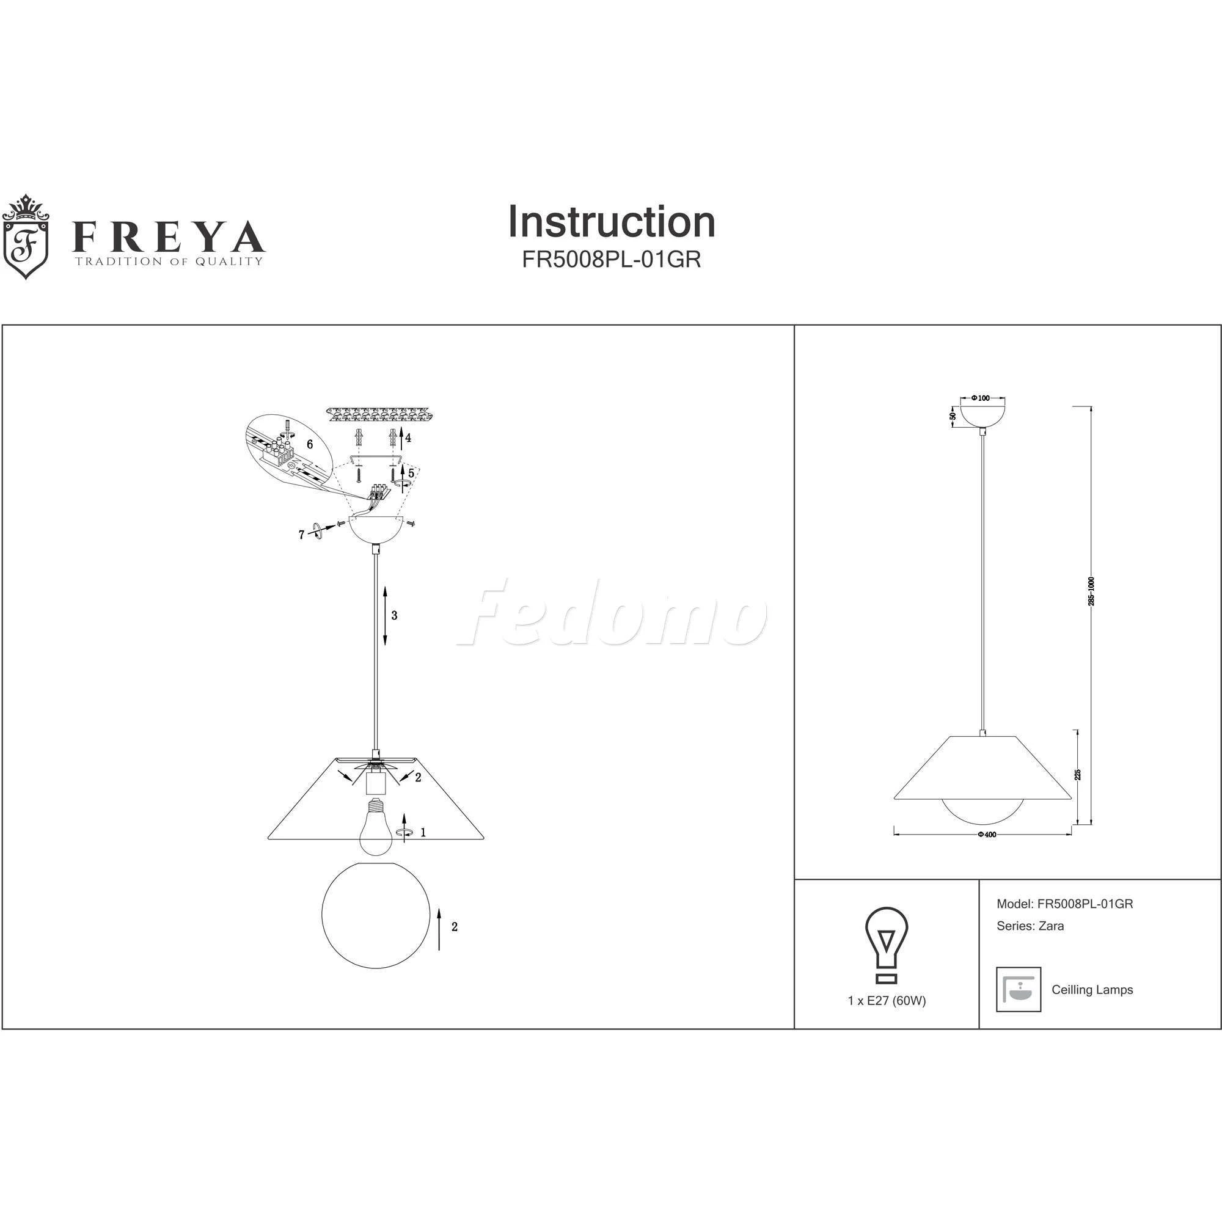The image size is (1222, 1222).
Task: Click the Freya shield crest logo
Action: click(25, 236)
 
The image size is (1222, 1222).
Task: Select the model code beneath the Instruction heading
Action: click(612, 260)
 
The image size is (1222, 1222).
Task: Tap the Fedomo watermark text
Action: click(611, 613)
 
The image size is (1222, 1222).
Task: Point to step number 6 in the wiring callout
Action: click(310, 444)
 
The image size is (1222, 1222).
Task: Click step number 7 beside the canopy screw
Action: click(302, 535)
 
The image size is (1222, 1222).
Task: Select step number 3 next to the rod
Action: click(394, 615)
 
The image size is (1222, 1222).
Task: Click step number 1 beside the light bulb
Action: click(423, 832)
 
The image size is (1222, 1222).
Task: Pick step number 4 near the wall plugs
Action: click(408, 437)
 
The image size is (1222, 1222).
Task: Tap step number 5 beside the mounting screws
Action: click(411, 473)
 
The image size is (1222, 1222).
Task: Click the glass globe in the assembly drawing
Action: click(376, 915)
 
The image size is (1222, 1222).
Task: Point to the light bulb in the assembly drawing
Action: click(377, 825)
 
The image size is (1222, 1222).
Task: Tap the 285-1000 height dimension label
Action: click(1091, 591)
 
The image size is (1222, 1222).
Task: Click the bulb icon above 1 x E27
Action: click(886, 945)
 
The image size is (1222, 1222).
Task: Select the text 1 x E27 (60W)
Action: click(887, 1001)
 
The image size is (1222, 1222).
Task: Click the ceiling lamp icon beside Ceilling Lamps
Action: click(1019, 989)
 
